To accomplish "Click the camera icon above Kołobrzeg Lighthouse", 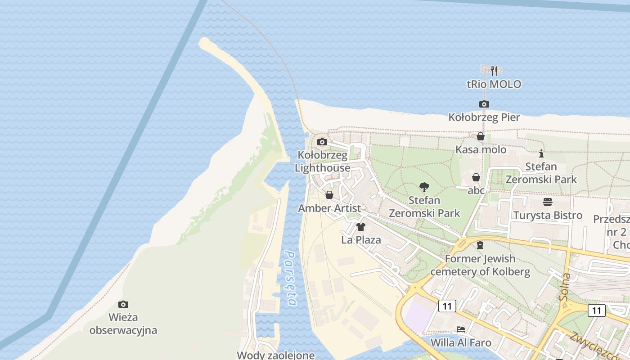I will [x=322, y=142].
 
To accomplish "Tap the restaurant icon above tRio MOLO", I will [x=494, y=70].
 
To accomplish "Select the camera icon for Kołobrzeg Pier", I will [x=484, y=104].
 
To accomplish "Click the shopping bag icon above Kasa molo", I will [x=481, y=136].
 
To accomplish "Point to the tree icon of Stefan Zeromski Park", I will [x=424, y=187].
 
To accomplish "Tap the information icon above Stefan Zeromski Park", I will [x=541, y=153].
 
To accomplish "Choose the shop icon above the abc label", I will [x=476, y=177].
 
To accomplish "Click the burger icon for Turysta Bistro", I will [x=548, y=202].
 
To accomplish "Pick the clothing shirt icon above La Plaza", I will [x=361, y=227].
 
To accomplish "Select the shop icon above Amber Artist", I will [x=329, y=195].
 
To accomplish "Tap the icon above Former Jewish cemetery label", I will [x=480, y=245].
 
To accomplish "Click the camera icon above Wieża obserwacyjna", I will [x=123, y=304].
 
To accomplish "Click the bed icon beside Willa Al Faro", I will [x=460, y=329].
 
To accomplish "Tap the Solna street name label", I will [x=565, y=287].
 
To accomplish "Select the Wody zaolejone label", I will [x=276, y=355].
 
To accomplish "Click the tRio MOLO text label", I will [x=494, y=84].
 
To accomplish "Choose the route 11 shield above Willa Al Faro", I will [x=447, y=306].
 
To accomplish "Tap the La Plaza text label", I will [x=361, y=240].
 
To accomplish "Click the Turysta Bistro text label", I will [x=548, y=215].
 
